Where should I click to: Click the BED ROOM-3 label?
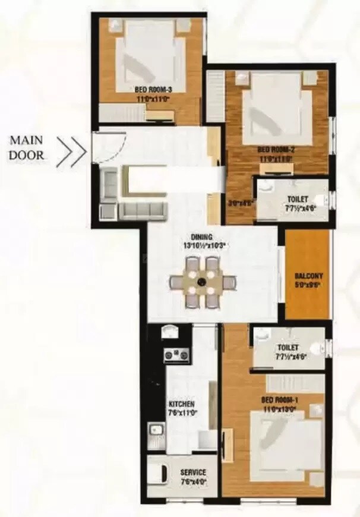pyautogui.click(x=153, y=90)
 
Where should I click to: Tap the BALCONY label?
pyautogui.click(x=308, y=276)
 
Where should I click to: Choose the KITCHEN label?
pyautogui.click(x=182, y=404)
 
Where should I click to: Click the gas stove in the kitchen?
pyautogui.click(x=176, y=355)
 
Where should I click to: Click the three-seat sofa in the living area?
pyautogui.click(x=141, y=210)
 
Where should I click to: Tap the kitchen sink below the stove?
pyautogui.click(x=157, y=429)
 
